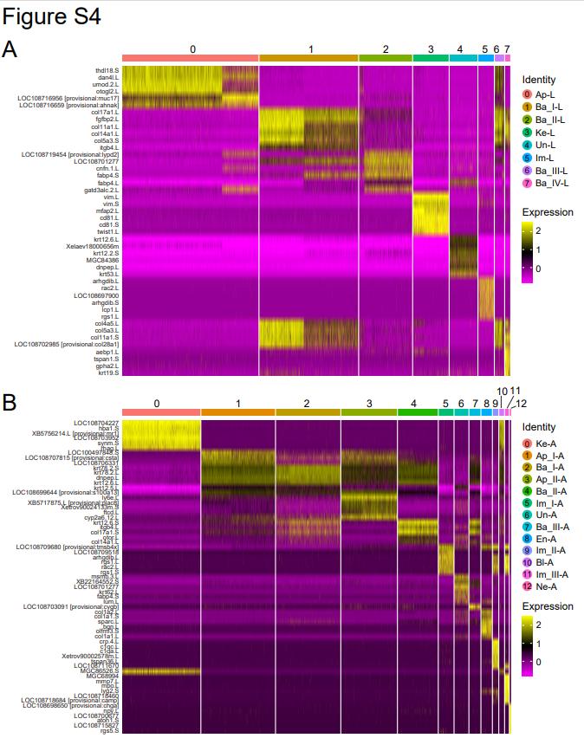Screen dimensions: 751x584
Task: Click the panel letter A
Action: pyautogui.click(x=10, y=49)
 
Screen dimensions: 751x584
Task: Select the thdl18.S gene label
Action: pyautogui.click(x=107, y=71)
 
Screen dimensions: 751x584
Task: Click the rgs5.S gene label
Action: pyautogui.click(x=108, y=730)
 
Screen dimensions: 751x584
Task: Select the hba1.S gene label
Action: pyautogui.click(x=108, y=428)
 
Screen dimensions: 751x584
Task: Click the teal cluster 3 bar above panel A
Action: pyautogui.click(x=430, y=58)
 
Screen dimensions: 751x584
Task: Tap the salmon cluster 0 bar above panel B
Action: pyautogui.click(x=161, y=413)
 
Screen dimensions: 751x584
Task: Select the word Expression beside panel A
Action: pyautogui.click(x=548, y=211)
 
